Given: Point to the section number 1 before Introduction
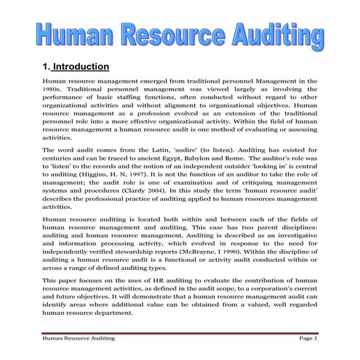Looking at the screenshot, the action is [46, 67].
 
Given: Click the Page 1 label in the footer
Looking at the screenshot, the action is [308, 339].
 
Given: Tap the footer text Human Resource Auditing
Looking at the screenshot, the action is [78, 339].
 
